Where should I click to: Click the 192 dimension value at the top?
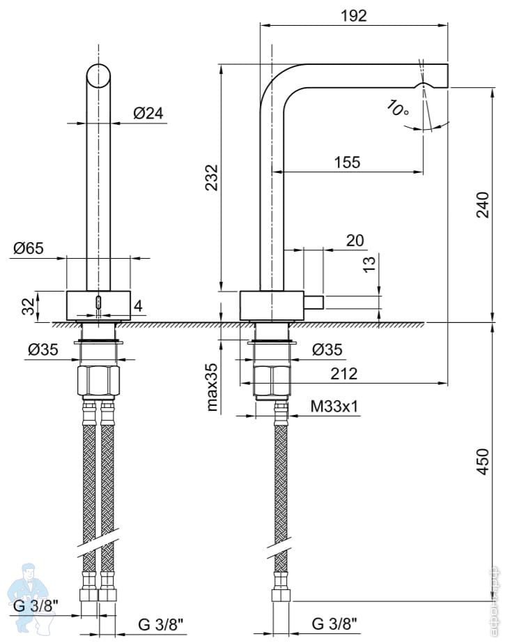[x=353, y=15]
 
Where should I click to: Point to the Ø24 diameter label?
[x=147, y=113]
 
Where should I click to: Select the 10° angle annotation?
[x=398, y=109]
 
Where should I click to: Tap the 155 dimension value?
[x=346, y=162]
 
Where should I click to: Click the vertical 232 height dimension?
[x=212, y=177]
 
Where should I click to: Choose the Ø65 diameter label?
[x=29, y=247]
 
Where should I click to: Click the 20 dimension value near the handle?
[x=355, y=241]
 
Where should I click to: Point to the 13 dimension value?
[x=370, y=263]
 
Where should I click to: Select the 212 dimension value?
[x=344, y=374]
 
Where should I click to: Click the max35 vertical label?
[x=213, y=387]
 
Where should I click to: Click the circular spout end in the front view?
[x=99, y=75]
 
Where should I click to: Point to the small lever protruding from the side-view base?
[x=313, y=303]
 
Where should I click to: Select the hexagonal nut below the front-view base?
[x=99, y=381]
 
